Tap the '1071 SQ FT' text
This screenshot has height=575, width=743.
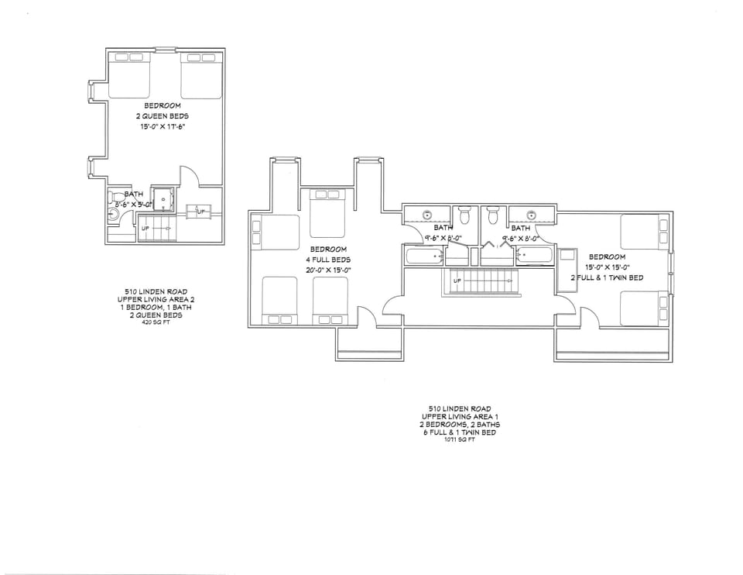click(x=455, y=440)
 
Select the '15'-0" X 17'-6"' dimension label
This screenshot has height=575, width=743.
click(x=163, y=126)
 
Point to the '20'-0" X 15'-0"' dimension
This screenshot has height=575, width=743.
click(x=328, y=270)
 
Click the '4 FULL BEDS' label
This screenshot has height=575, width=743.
click(x=328, y=260)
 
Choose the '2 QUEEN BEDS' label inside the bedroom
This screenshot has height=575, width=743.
click(x=163, y=115)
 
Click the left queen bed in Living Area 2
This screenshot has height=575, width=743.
click(x=128, y=76)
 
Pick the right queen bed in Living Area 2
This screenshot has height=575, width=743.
click(x=200, y=76)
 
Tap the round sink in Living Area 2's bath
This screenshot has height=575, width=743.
click(x=112, y=215)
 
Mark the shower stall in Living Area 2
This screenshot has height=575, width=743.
click(x=163, y=198)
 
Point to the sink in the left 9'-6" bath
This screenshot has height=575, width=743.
click(x=426, y=215)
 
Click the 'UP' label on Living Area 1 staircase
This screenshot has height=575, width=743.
click(x=457, y=280)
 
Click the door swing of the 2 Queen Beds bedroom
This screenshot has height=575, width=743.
click(x=190, y=176)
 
